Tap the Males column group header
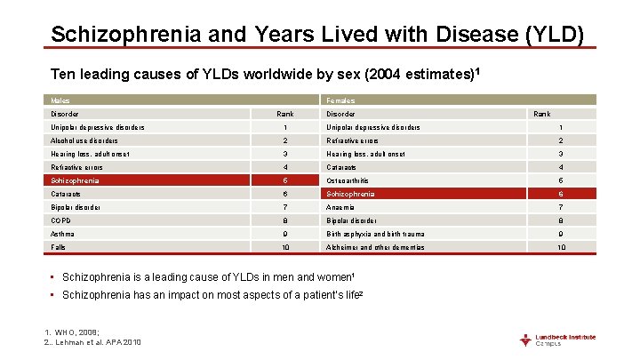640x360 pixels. [x=60, y=100]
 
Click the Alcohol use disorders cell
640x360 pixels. [x=84, y=140]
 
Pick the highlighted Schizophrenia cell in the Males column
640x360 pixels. [x=76, y=180]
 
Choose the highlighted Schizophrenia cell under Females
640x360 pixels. [x=350, y=194]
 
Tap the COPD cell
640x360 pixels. [x=61, y=220]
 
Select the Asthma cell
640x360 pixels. [x=62, y=234]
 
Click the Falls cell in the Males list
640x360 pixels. [x=59, y=247]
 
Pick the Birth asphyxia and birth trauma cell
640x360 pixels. [x=374, y=234]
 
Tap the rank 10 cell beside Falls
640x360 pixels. [x=285, y=247]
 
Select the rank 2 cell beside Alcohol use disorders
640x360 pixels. [x=285, y=140]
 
